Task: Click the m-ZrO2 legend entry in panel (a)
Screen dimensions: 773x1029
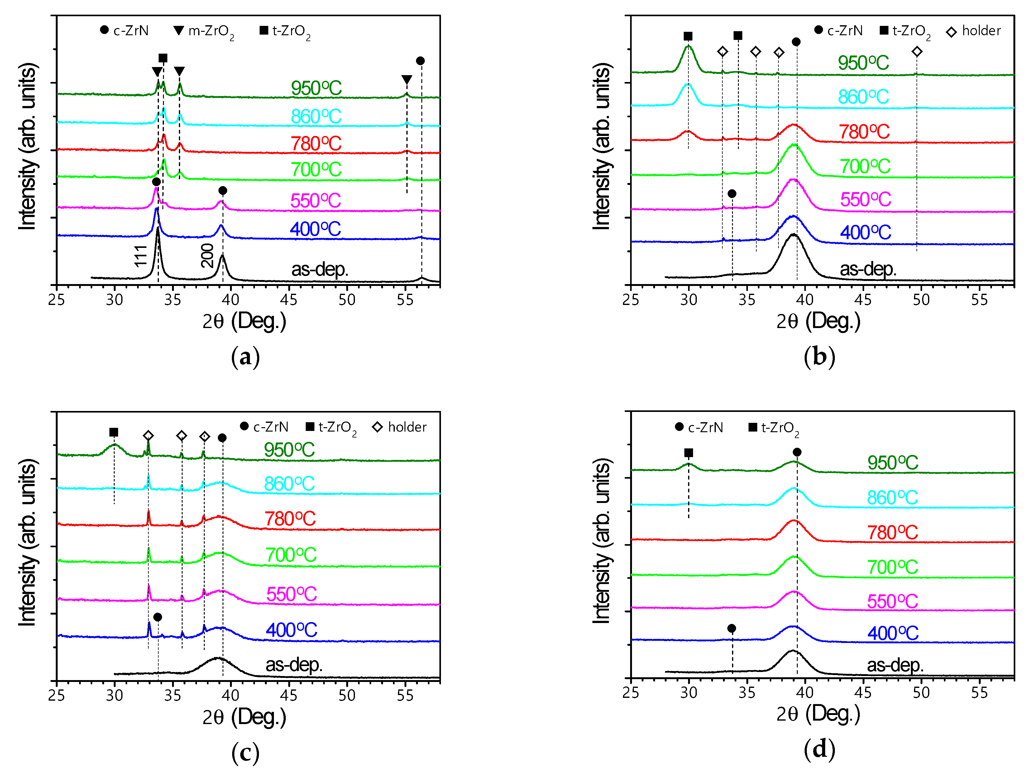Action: [x=205, y=31]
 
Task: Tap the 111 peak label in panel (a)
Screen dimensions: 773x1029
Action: [x=141, y=256]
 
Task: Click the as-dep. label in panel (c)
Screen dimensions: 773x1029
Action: [x=294, y=664]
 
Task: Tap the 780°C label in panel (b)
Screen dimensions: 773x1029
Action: [x=864, y=132]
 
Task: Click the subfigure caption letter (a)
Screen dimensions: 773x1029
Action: [x=245, y=357]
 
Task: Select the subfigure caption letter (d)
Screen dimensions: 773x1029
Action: [x=819, y=749]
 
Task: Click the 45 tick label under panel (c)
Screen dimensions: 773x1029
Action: [x=289, y=695]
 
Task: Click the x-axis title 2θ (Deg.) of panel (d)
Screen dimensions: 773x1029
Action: [x=818, y=713]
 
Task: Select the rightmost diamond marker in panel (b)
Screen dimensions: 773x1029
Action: [x=917, y=52]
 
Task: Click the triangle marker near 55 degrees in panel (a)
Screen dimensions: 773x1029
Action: [x=407, y=80]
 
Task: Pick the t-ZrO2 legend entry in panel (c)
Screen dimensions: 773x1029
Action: [x=331, y=427]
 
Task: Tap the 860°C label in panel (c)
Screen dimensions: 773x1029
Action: [x=290, y=484]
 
